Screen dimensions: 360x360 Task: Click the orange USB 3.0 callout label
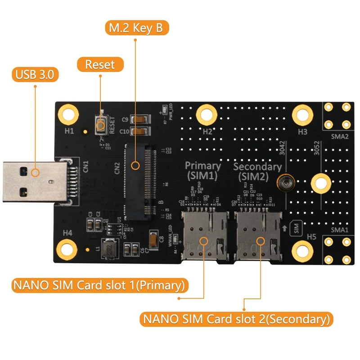tap(34, 74)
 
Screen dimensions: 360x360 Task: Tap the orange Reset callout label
tap(100, 64)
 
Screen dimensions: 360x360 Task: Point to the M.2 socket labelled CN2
tap(139, 182)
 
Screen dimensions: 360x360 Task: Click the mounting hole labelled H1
tap(68, 114)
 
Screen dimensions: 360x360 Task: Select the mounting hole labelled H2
tap(206, 114)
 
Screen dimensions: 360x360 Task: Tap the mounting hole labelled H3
tap(302, 114)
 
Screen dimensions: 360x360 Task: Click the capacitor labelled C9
tap(139, 120)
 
